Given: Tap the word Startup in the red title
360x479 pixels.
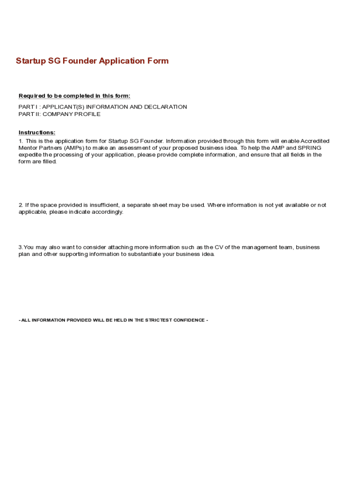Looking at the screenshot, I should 31,61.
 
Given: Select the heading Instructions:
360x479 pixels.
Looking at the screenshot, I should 37,132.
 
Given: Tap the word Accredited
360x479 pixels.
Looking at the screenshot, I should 315,141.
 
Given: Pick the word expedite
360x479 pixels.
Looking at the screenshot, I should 30,155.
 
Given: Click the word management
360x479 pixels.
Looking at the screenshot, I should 258,247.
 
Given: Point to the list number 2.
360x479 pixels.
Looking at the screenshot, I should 21,205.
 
